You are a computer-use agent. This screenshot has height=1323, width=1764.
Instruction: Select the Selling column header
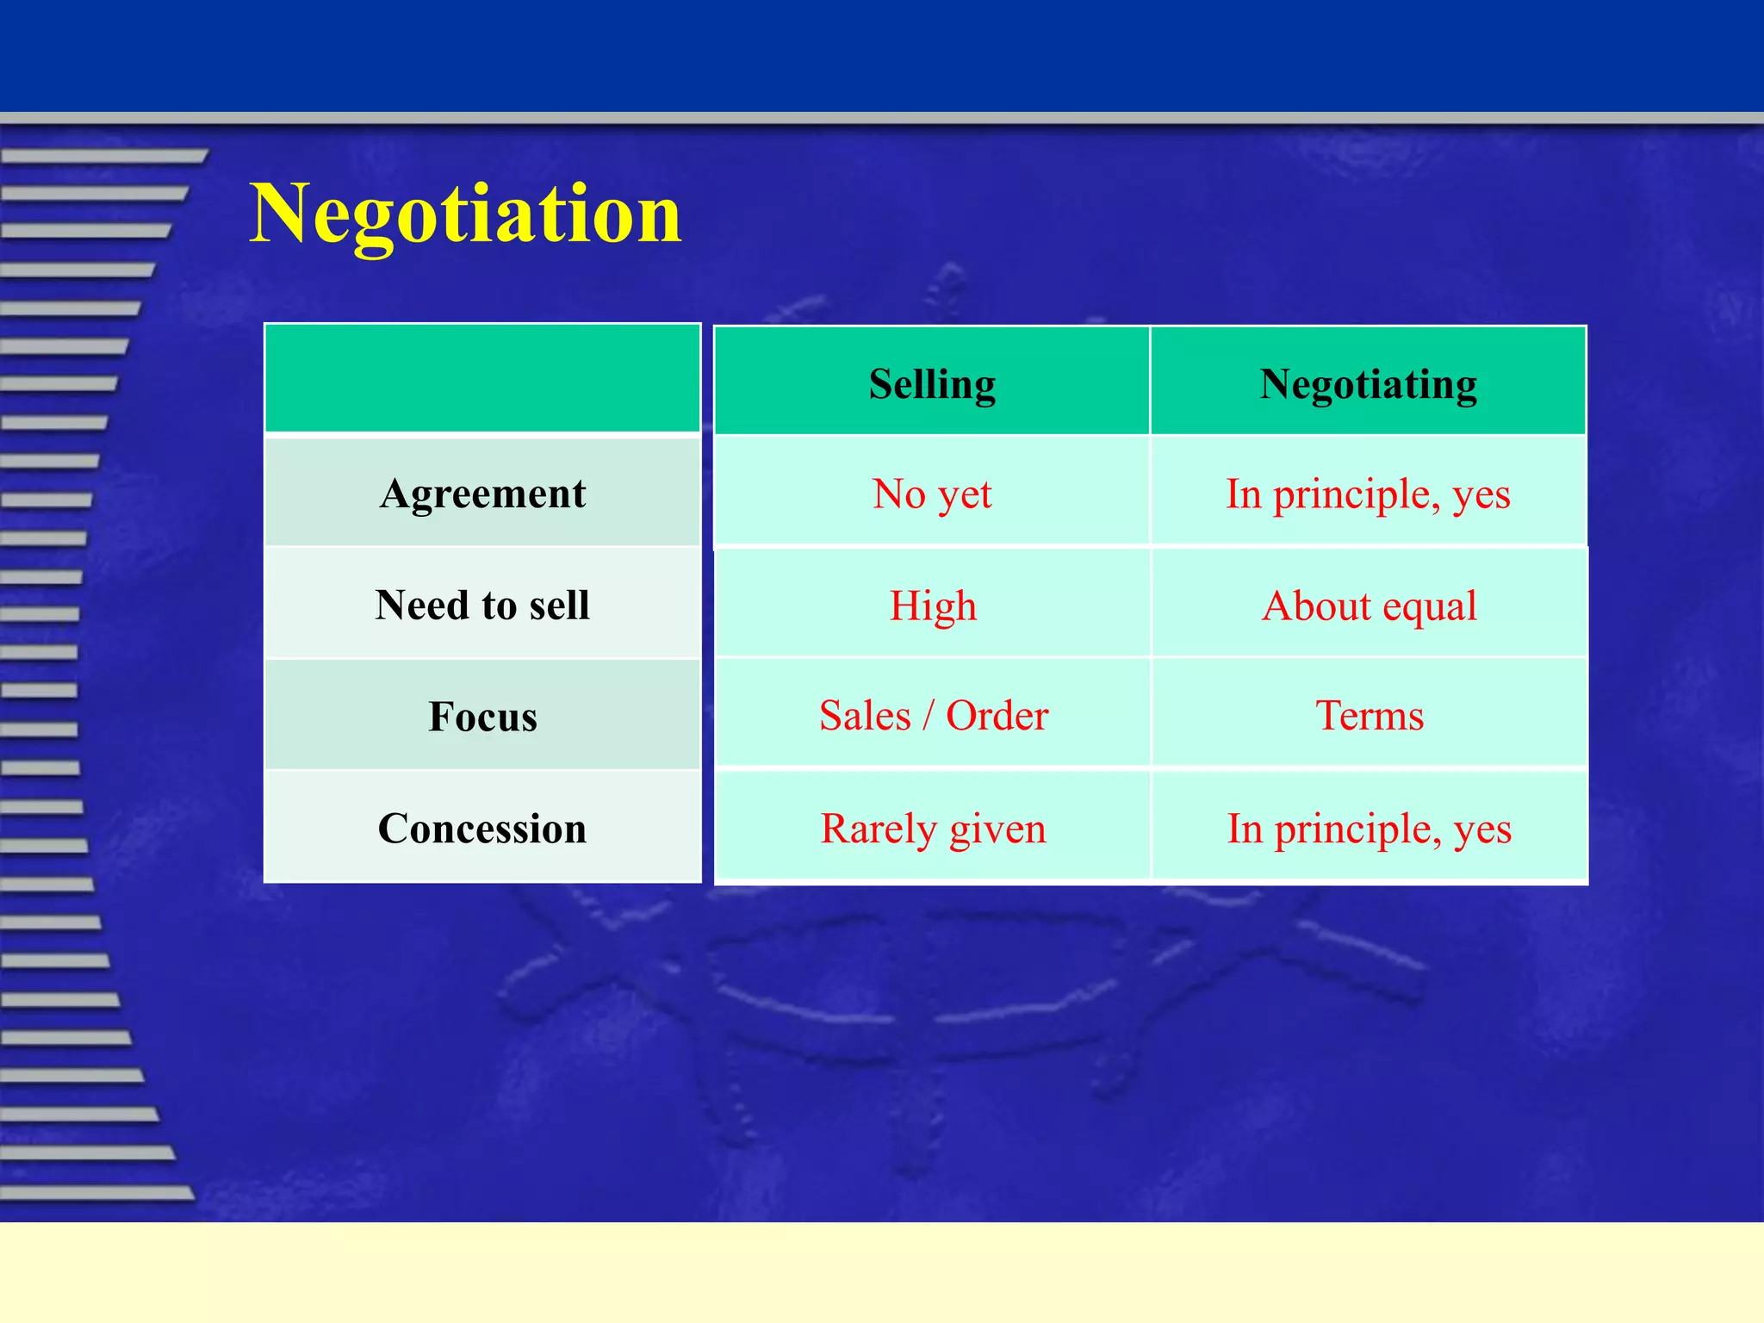click(932, 383)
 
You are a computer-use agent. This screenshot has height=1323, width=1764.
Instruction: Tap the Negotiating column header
click(1368, 383)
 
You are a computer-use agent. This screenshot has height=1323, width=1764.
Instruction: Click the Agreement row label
click(482, 494)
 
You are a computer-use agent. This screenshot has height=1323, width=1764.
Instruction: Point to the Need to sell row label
click(482, 605)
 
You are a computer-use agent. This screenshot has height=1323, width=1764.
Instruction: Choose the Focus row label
click(482, 717)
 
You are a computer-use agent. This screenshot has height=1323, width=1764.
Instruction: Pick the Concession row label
click(482, 829)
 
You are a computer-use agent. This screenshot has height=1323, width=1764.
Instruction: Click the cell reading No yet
click(932, 494)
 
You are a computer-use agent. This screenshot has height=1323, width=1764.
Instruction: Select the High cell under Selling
click(933, 606)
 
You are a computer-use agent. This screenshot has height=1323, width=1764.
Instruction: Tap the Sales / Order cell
click(933, 716)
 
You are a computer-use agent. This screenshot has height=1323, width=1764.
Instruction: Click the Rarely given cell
click(933, 829)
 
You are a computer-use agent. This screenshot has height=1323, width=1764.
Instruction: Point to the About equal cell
click(1369, 606)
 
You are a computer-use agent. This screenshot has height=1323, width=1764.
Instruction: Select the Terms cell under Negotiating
click(1369, 716)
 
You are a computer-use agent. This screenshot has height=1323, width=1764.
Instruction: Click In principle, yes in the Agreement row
click(1368, 494)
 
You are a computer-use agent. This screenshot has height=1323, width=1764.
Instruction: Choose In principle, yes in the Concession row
click(1369, 829)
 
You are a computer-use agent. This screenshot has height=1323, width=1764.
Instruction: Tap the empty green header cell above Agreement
click(482, 378)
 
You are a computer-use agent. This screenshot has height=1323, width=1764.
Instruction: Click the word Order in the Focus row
click(997, 716)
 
